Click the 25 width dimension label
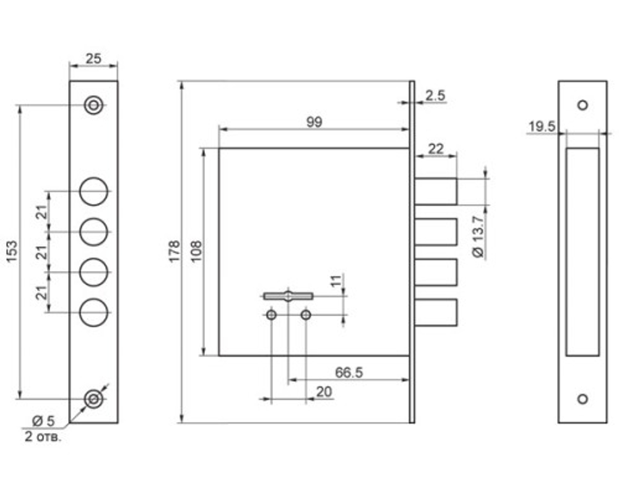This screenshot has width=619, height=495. tap(93, 59)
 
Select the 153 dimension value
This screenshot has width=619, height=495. tap(12, 251)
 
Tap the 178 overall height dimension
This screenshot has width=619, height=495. tap(174, 251)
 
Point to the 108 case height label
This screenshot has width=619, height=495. tap(196, 251)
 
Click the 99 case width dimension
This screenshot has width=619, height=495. tap(314, 122)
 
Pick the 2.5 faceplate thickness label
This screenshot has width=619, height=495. tap(435, 95)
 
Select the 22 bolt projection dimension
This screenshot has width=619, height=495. tap(436, 149)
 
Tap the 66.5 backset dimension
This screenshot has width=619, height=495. tap(348, 372)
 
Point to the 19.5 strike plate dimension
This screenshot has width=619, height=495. tap(542, 127)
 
